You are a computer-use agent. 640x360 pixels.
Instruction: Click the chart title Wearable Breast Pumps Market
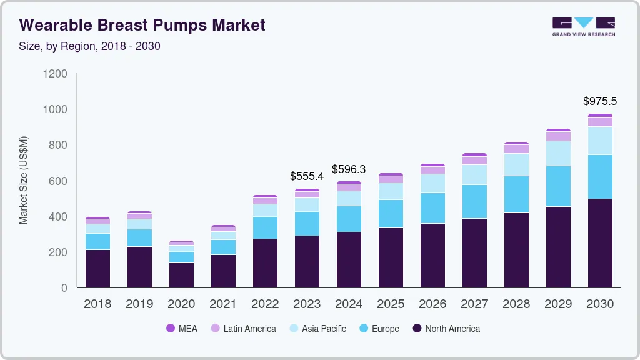(x=142, y=25)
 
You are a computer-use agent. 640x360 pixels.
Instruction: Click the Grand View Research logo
(x=583, y=27)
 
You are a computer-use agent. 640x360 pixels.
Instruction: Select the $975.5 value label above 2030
(x=600, y=101)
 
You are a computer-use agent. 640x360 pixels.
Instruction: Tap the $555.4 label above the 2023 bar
(x=307, y=176)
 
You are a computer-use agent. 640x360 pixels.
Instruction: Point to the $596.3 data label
(x=349, y=169)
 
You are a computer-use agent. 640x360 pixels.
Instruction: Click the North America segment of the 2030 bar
(x=600, y=244)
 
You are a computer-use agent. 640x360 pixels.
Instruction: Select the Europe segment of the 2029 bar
(x=558, y=186)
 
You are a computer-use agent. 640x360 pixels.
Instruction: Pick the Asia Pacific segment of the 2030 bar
(x=600, y=141)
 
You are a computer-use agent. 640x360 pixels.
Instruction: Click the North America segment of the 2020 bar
(x=181, y=275)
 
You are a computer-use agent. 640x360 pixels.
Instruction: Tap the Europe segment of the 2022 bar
(x=265, y=227)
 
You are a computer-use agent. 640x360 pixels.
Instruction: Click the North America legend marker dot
(x=417, y=329)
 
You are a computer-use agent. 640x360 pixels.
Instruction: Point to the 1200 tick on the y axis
(x=55, y=74)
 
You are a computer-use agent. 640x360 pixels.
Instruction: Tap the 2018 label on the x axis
(x=97, y=304)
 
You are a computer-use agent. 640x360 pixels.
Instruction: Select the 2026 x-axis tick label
(x=432, y=304)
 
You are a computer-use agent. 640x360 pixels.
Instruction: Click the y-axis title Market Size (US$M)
(x=23, y=180)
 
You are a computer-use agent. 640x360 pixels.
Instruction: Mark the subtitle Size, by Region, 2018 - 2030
(x=90, y=46)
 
